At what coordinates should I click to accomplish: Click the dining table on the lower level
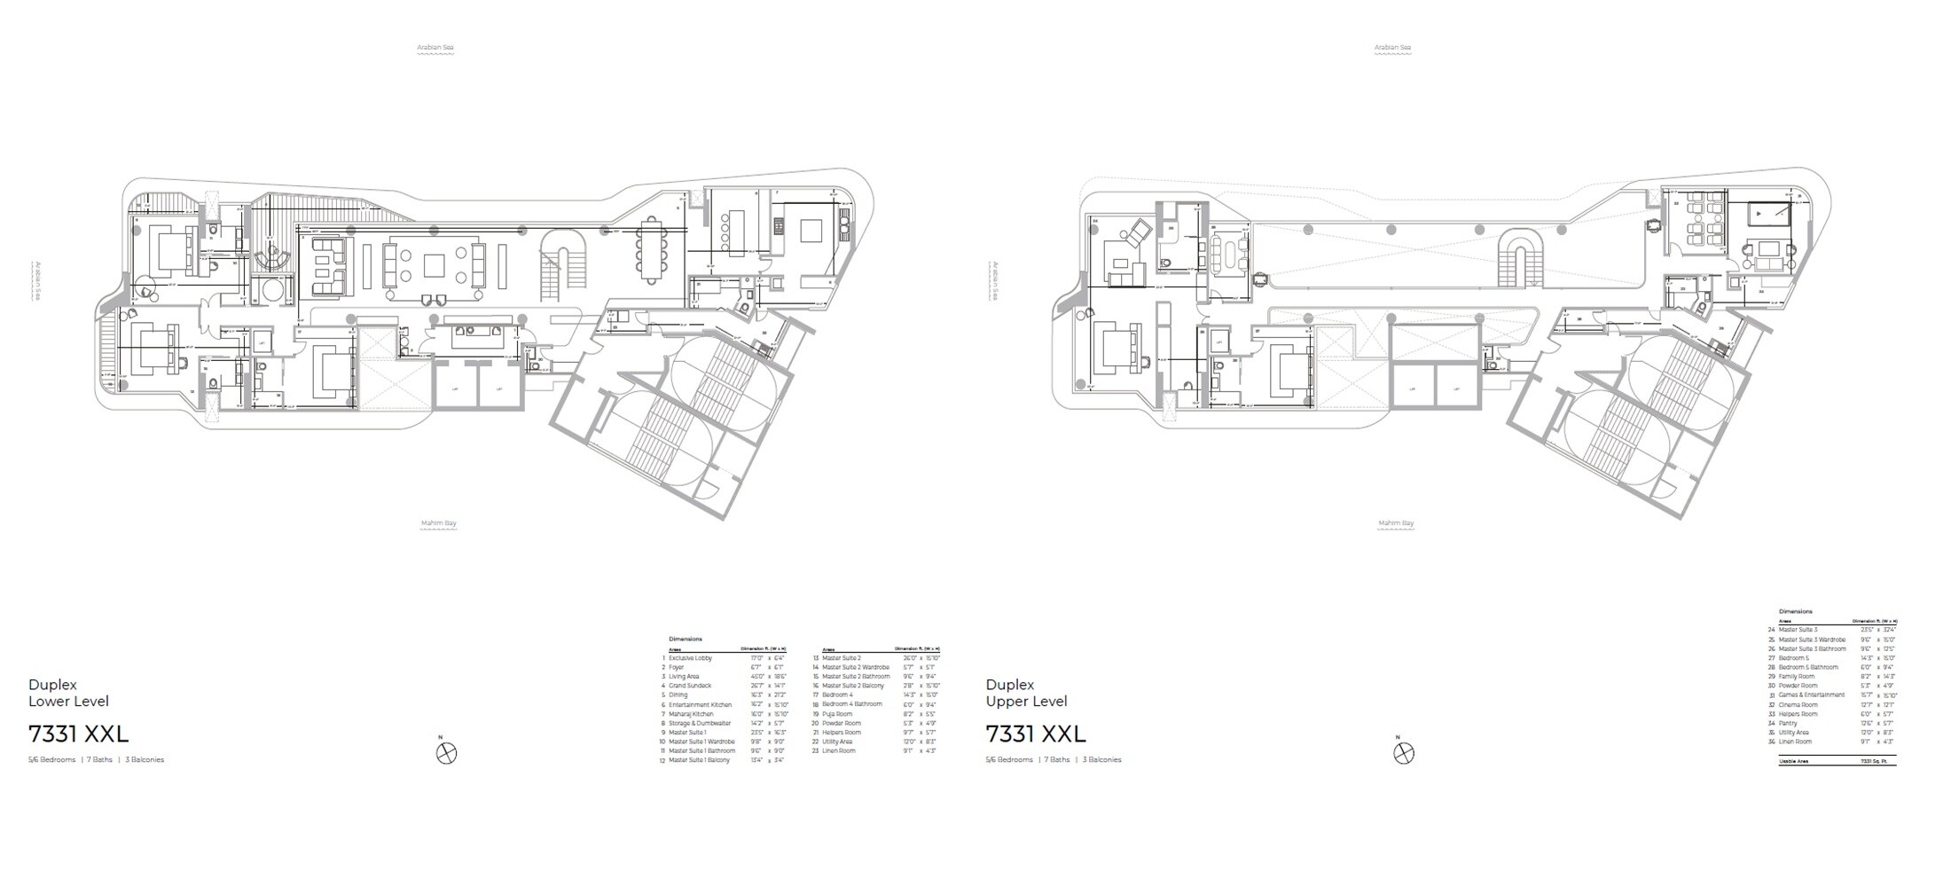tap(652, 249)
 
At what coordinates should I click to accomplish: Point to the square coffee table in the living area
tap(435, 266)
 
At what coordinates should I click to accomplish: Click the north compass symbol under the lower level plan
tap(447, 753)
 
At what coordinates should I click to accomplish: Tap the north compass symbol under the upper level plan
tap(1403, 753)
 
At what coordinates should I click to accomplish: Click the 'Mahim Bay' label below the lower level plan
tap(438, 523)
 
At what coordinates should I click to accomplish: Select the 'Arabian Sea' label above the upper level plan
tap(1392, 47)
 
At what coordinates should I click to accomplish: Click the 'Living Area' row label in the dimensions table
tap(684, 677)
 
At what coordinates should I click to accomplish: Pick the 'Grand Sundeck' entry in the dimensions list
tap(690, 686)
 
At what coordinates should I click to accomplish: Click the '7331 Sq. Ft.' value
tap(1877, 761)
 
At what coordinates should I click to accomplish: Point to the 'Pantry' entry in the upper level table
tap(1790, 724)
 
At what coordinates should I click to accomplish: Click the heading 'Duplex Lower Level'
tap(68, 693)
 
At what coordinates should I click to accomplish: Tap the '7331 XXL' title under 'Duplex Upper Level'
tap(1036, 734)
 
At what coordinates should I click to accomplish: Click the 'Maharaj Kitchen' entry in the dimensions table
tap(691, 714)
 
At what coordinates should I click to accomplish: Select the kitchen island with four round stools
tap(735, 231)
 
